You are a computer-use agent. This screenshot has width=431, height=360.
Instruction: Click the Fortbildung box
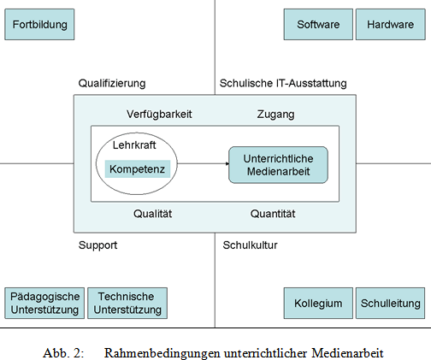39,25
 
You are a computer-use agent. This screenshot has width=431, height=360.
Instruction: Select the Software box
318,25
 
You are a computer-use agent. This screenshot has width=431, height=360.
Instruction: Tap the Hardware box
391,25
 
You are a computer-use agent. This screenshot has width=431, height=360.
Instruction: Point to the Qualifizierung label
112,84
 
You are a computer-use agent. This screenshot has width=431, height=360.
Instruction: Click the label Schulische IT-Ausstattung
283,84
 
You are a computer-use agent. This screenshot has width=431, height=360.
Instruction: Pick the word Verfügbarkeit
159,115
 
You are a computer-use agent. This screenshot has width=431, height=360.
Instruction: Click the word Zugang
275,115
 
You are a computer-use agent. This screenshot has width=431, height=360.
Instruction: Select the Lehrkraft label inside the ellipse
134,145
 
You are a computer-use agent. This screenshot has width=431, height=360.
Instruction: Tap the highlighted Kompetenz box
138,169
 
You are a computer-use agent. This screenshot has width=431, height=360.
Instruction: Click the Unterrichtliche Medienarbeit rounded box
278,165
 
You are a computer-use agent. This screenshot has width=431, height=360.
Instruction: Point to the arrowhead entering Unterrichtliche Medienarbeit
227,163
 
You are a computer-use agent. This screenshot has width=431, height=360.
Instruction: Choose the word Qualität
153,214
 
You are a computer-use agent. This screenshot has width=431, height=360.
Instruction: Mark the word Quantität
273,214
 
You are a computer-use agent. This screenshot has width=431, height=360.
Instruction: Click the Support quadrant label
97,245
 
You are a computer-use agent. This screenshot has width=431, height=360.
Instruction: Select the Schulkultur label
250,245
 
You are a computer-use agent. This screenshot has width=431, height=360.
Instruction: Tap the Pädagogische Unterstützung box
44,303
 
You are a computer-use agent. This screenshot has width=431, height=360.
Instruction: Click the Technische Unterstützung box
127,303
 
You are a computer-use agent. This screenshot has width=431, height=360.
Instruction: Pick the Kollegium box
318,303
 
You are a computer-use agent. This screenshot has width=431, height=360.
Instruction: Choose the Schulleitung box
391,303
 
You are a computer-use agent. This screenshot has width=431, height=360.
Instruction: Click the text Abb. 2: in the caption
63,353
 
